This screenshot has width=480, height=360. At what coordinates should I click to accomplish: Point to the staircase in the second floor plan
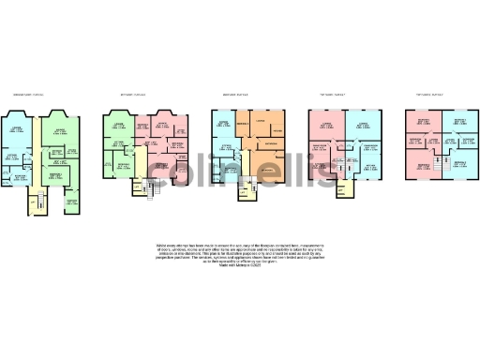[x=150, y=188]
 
